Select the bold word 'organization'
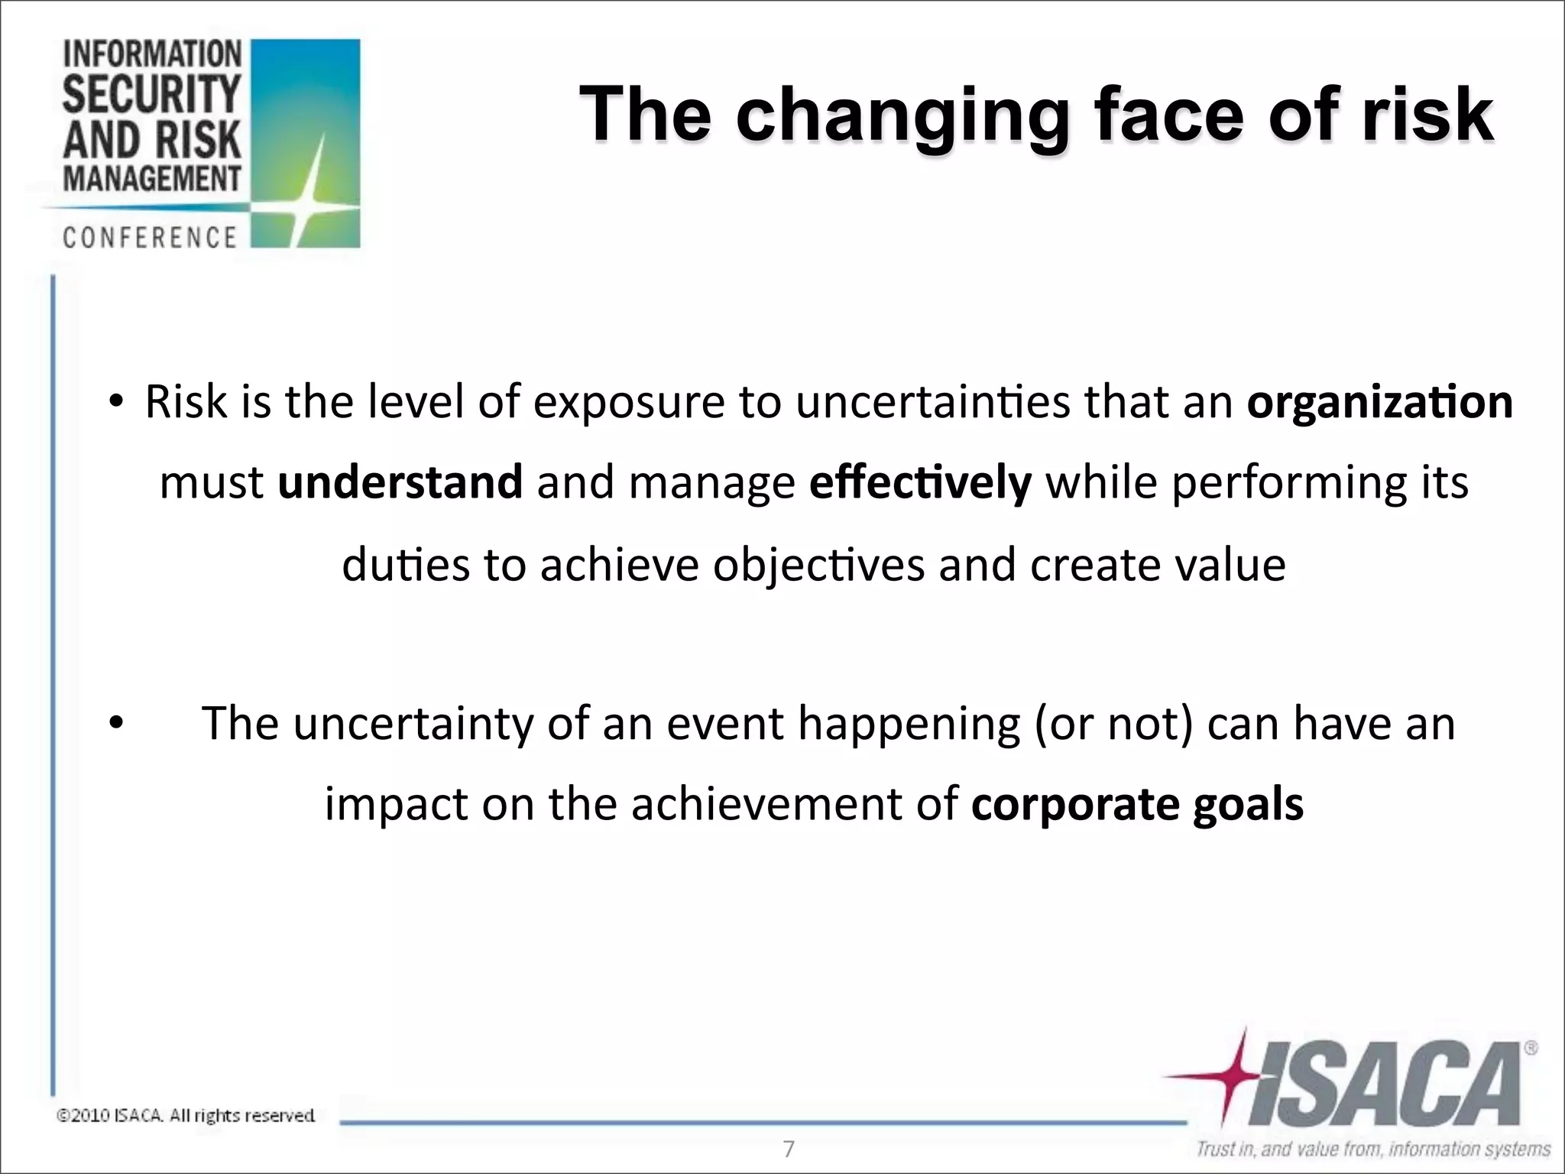1379,402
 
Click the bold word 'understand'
400,482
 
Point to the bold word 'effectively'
920,482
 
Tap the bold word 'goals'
1248,805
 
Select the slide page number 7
789,1149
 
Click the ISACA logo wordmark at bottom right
1383,1085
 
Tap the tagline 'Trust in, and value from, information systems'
1372,1150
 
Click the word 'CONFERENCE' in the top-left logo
151,238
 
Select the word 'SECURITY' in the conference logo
151,94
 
